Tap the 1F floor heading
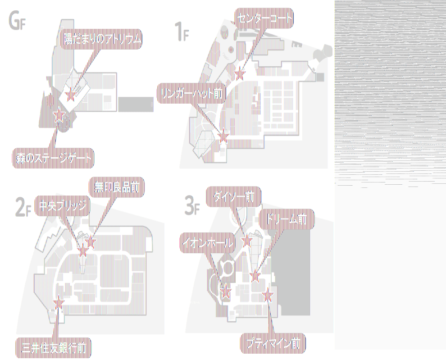[182, 32]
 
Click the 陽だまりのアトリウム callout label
[102, 40]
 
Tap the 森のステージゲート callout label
[52, 158]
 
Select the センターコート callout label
[264, 18]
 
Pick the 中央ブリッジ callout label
[62, 206]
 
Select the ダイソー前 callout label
[233, 196]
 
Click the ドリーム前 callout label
[287, 219]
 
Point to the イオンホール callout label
[208, 243]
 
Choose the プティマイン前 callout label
[273, 344]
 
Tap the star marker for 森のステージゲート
[58, 116]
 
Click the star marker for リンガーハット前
[223, 134]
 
